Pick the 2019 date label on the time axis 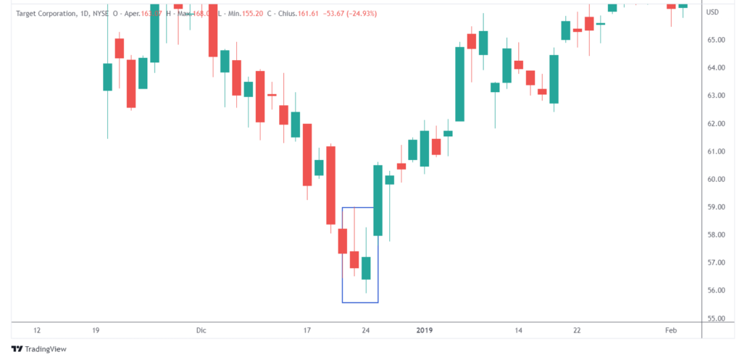pyautogui.click(x=425, y=330)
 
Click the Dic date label pyautogui.click(x=201, y=330)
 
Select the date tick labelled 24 pyautogui.click(x=366, y=330)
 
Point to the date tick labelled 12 pyautogui.click(x=37, y=330)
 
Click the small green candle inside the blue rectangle pyautogui.click(x=366, y=268)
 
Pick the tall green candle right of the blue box pyautogui.click(x=378, y=201)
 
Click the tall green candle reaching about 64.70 pyautogui.click(x=459, y=84)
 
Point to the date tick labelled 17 pyautogui.click(x=307, y=330)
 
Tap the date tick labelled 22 pyautogui.click(x=577, y=330)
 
